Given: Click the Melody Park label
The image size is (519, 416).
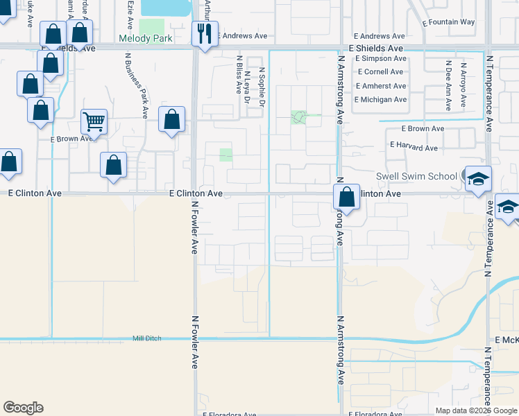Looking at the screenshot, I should (145, 39).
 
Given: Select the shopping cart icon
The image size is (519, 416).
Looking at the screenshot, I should (94, 122).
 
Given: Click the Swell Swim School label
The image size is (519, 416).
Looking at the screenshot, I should (416, 176).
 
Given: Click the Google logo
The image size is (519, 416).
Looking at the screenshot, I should (23, 408).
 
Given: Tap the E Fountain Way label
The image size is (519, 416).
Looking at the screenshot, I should (448, 22).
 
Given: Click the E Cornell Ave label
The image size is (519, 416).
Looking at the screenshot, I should (380, 72).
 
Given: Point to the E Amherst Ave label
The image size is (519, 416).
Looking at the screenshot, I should (380, 86).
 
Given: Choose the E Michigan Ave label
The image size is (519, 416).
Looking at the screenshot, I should (380, 100).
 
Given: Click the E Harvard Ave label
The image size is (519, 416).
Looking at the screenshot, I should (414, 147).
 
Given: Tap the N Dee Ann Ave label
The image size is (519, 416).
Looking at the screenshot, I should (448, 86).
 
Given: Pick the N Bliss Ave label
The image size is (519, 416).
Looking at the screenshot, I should (239, 77).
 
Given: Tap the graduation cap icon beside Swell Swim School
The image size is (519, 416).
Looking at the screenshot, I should (478, 179).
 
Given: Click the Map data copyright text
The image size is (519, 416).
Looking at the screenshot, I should (477, 410).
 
